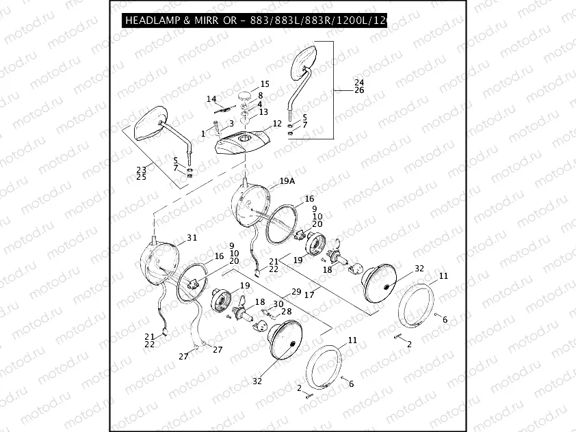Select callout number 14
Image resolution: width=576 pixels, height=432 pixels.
click(211, 99)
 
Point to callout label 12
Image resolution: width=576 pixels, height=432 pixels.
click(277, 124)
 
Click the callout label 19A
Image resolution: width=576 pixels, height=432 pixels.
click(287, 183)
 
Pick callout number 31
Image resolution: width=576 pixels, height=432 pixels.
click(192, 238)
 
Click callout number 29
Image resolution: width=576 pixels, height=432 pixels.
click(296, 292)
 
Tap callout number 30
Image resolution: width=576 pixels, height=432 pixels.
click(278, 304)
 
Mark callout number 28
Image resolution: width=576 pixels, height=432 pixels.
click(287, 312)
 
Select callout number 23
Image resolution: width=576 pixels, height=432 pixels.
click(142, 170)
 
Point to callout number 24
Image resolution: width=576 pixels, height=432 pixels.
click(359, 83)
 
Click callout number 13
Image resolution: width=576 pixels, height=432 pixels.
click(263, 112)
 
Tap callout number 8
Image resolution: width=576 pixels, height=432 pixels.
click(261, 95)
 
